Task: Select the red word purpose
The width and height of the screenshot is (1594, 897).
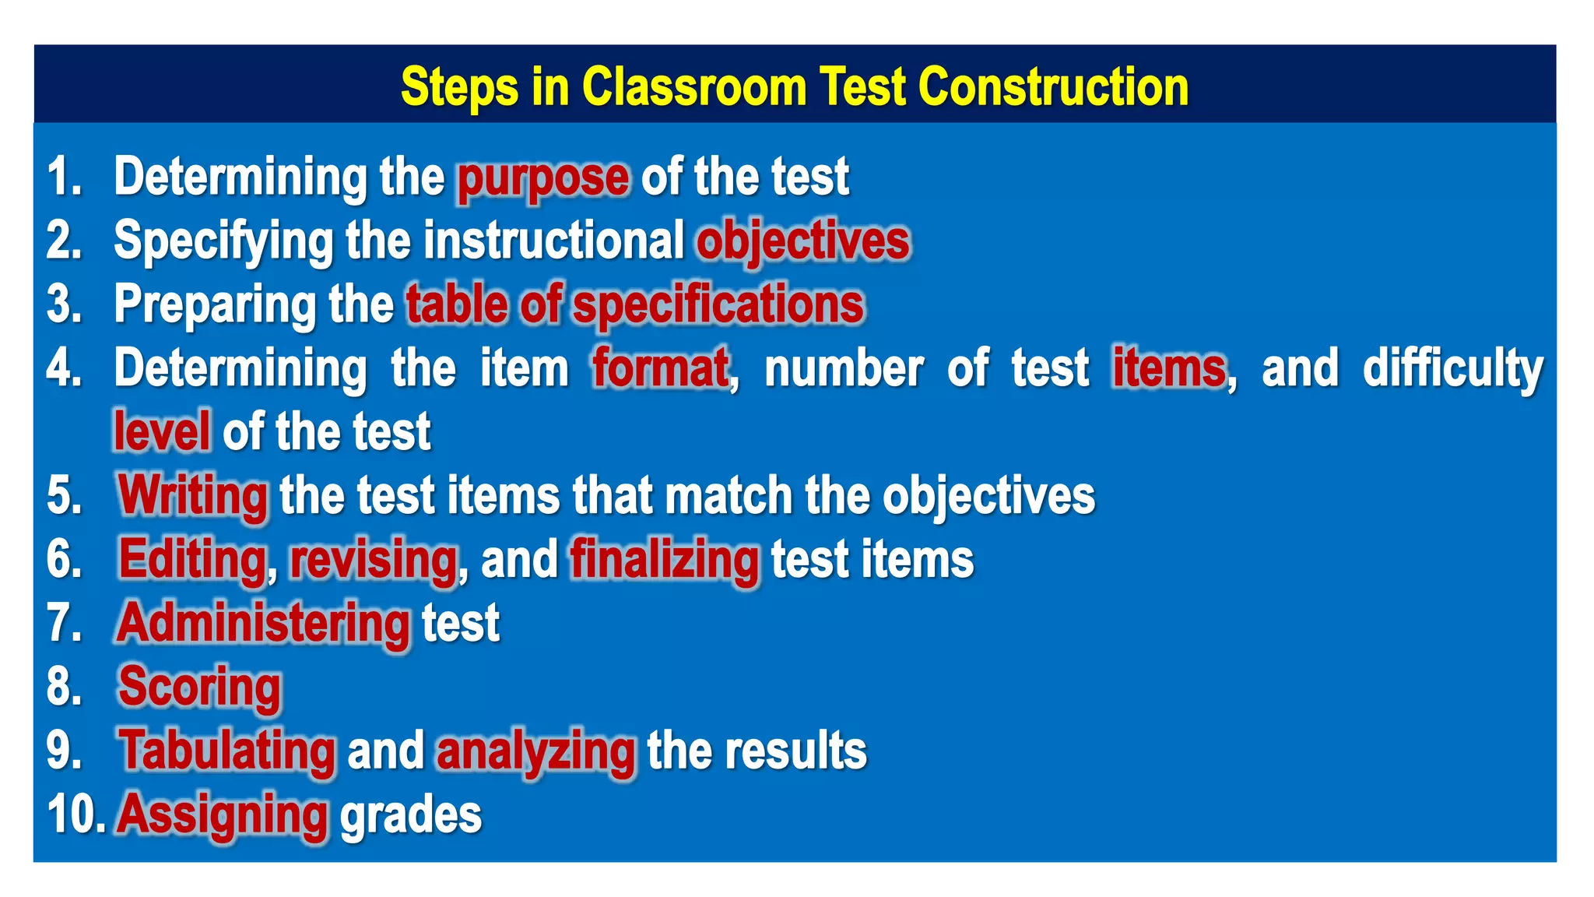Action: [x=542, y=178]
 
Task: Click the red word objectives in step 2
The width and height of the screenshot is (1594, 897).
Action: [x=802, y=241]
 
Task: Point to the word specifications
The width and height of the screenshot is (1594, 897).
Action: [x=718, y=304]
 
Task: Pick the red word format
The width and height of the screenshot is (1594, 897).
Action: [x=661, y=368]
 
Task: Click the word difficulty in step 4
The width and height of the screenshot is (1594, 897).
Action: [x=1452, y=368]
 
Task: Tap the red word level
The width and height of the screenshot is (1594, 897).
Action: [x=162, y=431]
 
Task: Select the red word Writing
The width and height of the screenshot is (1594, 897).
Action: [x=193, y=495]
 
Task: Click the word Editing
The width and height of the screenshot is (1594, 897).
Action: [x=192, y=559]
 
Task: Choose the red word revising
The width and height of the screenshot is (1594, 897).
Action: [x=374, y=559]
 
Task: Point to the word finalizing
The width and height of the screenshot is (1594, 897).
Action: [x=664, y=559]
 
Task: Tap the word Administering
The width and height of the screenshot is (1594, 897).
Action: [x=263, y=623]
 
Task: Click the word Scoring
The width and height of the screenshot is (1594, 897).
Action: [x=199, y=687]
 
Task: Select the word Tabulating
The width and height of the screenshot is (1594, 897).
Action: [x=227, y=751]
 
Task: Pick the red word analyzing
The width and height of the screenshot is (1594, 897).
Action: [x=535, y=751]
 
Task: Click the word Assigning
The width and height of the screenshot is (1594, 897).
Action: [x=223, y=814]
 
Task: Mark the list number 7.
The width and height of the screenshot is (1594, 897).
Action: [x=64, y=623]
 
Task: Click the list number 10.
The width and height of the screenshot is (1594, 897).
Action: [x=75, y=814]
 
